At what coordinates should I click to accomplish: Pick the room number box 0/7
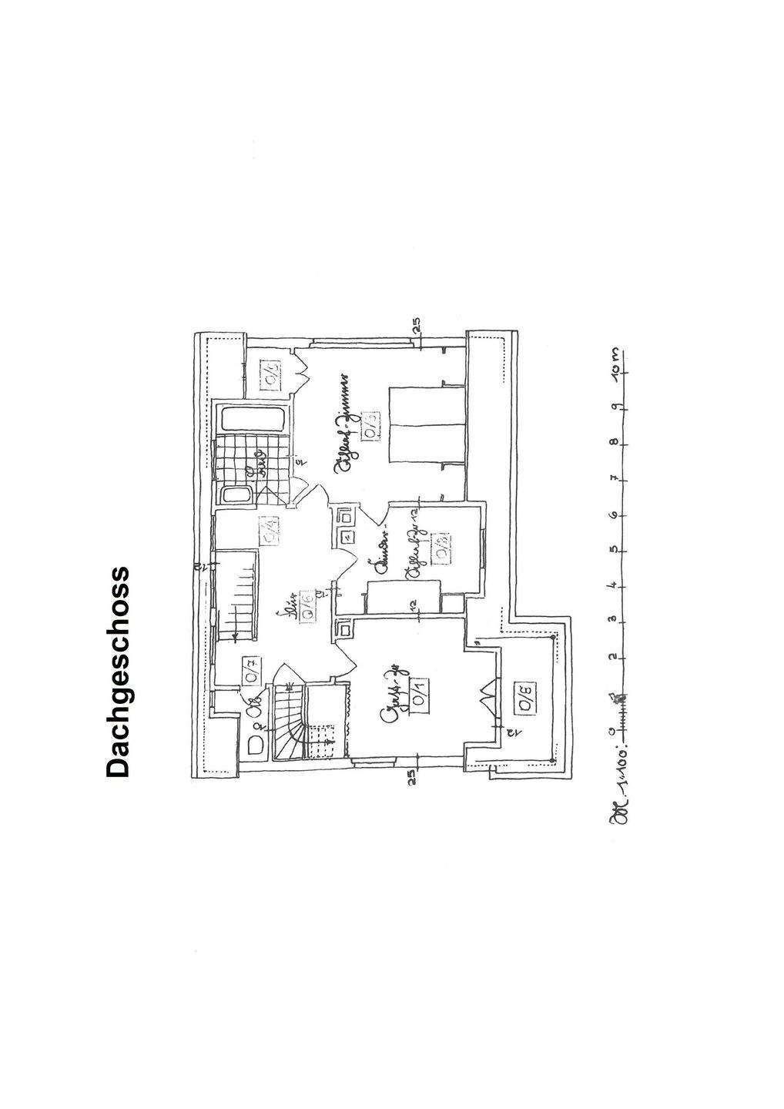[252, 671]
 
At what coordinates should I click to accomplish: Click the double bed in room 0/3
[426, 426]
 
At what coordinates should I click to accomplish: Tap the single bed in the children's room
[403, 597]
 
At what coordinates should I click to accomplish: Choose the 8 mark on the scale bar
[616, 443]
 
